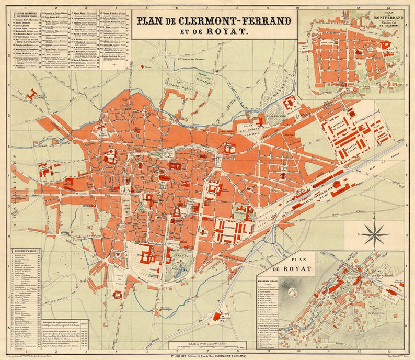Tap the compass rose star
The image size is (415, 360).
coord(374,234)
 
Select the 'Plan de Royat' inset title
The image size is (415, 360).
coord(291,265)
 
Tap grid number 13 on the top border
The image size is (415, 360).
coord(389,8)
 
